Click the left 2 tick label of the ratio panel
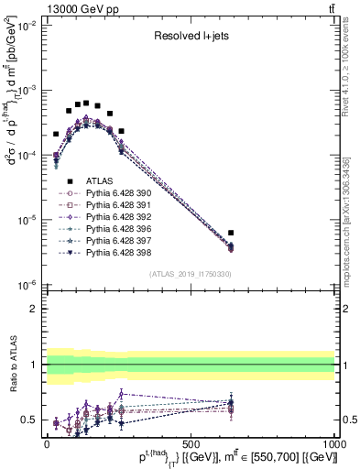[x=35, y=309]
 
